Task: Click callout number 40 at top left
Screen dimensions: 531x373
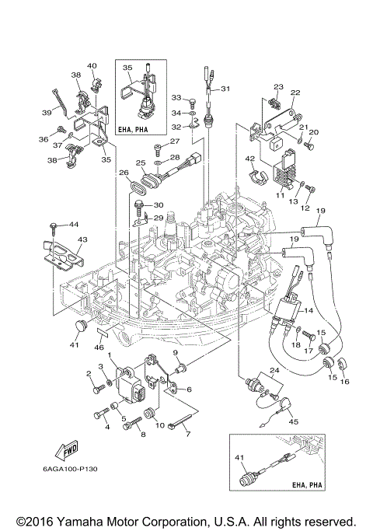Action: pyautogui.click(x=92, y=65)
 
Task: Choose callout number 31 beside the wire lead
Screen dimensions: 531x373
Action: pyautogui.click(x=226, y=89)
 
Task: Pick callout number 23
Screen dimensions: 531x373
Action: pyautogui.click(x=278, y=86)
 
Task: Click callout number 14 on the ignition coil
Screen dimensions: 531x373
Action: pyautogui.click(x=308, y=309)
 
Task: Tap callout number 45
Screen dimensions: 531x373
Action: pyautogui.click(x=293, y=421)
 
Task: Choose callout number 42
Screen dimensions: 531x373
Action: pyautogui.click(x=250, y=159)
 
